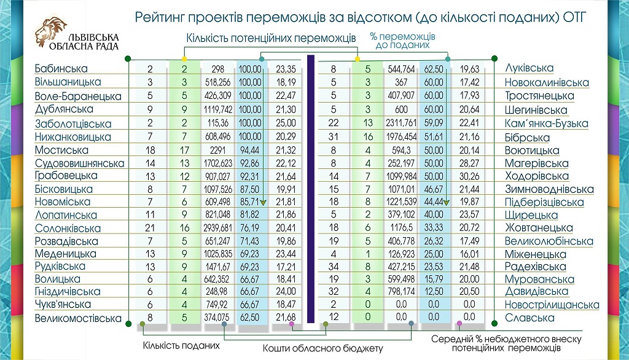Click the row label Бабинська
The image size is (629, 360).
coord(61,69)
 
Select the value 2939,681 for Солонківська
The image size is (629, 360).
coord(218,229)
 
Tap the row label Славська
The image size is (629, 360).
coord(529,318)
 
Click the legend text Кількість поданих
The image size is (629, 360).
coord(181,345)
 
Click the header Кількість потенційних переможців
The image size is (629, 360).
coord(272,38)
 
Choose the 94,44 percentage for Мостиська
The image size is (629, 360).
coord(250,150)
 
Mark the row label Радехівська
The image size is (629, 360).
coord(535,267)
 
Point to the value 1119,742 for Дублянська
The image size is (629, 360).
coord(218,109)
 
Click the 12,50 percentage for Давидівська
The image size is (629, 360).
coord(435,291)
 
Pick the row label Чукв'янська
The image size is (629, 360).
coord(63,304)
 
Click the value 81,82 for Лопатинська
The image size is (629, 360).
coord(250,215)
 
